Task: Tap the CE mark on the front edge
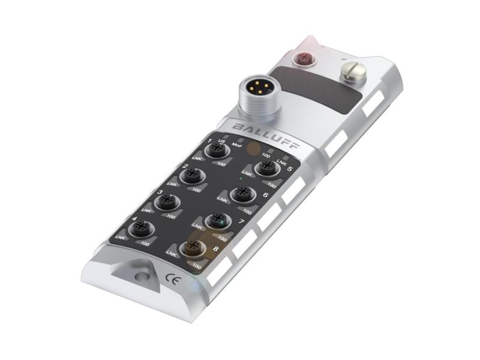point(170,278)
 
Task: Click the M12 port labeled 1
point(214,151)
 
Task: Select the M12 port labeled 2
point(191,175)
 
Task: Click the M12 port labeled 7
point(217,220)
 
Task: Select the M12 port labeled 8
point(193,247)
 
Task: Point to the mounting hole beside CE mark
point(142,275)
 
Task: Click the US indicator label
point(221,141)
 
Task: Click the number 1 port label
point(209,140)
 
